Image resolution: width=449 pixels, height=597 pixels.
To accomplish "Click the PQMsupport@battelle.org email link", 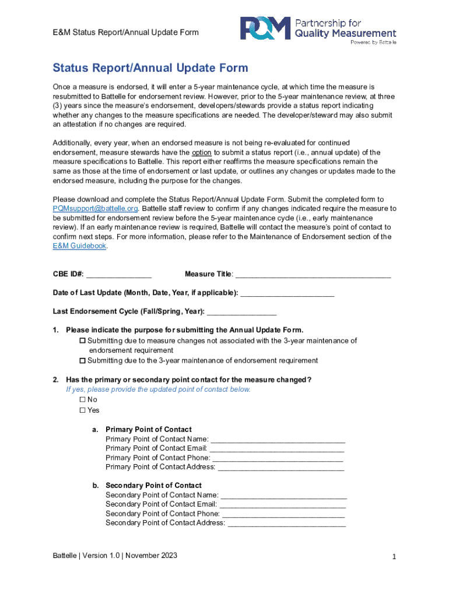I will pos(95,209).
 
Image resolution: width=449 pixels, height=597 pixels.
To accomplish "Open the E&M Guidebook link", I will pos(79,246).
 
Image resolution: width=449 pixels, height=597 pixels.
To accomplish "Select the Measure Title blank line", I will pos(313,275).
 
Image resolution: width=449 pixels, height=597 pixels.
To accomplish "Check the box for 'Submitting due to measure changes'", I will pos(82,340).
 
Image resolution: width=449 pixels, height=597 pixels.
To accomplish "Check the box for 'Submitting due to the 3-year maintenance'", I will pos(82,361).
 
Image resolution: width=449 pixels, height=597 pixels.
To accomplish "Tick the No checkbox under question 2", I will pos(82,400).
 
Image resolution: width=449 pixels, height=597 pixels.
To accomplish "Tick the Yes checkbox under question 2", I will pos(82,410).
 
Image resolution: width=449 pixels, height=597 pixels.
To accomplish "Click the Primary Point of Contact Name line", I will pos(278,440).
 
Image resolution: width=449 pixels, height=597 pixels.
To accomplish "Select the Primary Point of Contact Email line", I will pos(276,449).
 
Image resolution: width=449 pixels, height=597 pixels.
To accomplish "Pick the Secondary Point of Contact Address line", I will pos(286,524).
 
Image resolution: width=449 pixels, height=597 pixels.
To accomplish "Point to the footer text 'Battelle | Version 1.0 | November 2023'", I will pos(115,556).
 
